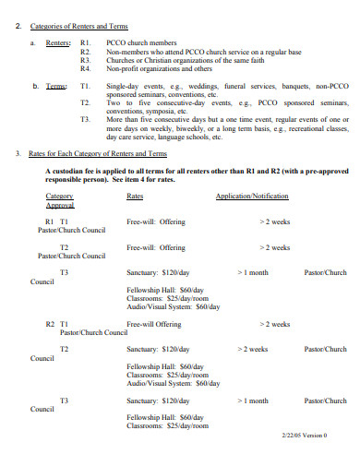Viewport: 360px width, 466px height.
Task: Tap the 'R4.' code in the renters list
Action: pos(85,68)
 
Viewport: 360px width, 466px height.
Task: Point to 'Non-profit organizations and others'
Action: pos(158,68)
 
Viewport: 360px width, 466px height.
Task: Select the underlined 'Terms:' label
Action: pos(56,86)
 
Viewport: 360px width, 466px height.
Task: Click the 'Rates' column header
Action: pos(134,197)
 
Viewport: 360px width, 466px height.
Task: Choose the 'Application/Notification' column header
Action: pos(252,197)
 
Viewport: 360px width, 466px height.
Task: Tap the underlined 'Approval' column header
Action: pos(58,205)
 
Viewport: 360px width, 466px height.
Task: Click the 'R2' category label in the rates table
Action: pos(50,324)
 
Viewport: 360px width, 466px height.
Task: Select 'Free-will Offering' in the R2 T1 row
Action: pos(154,324)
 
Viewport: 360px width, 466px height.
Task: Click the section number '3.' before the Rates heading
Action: pos(20,153)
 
